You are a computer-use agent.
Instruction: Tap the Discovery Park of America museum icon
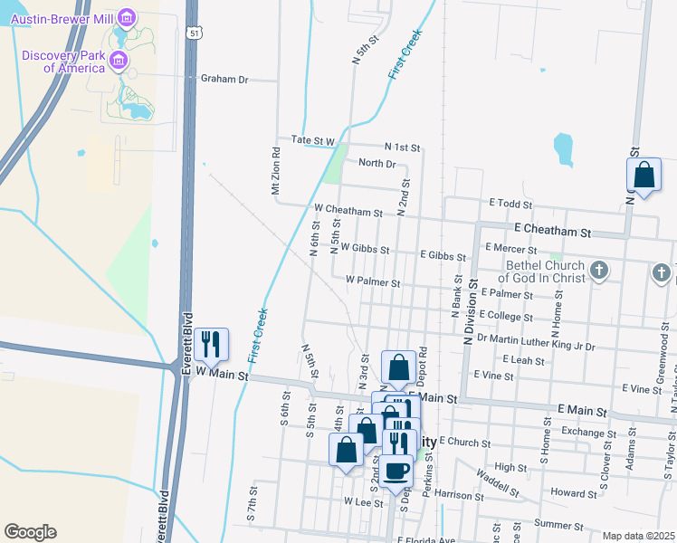tap(118, 61)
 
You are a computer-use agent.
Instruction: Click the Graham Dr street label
tap(224, 79)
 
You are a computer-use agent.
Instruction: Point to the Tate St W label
tap(313, 141)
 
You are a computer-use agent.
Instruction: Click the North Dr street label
tap(377, 163)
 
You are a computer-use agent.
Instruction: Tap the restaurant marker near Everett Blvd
tap(211, 344)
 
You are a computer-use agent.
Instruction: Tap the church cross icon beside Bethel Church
tap(598, 271)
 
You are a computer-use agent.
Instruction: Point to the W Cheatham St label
tap(348, 211)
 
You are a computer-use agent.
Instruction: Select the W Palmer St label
tap(373, 282)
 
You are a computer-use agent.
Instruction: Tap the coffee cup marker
tap(396, 471)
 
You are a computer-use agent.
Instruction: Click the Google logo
tap(30, 532)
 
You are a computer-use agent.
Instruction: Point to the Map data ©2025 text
tap(638, 536)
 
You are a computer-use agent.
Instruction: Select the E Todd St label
tap(510, 204)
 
